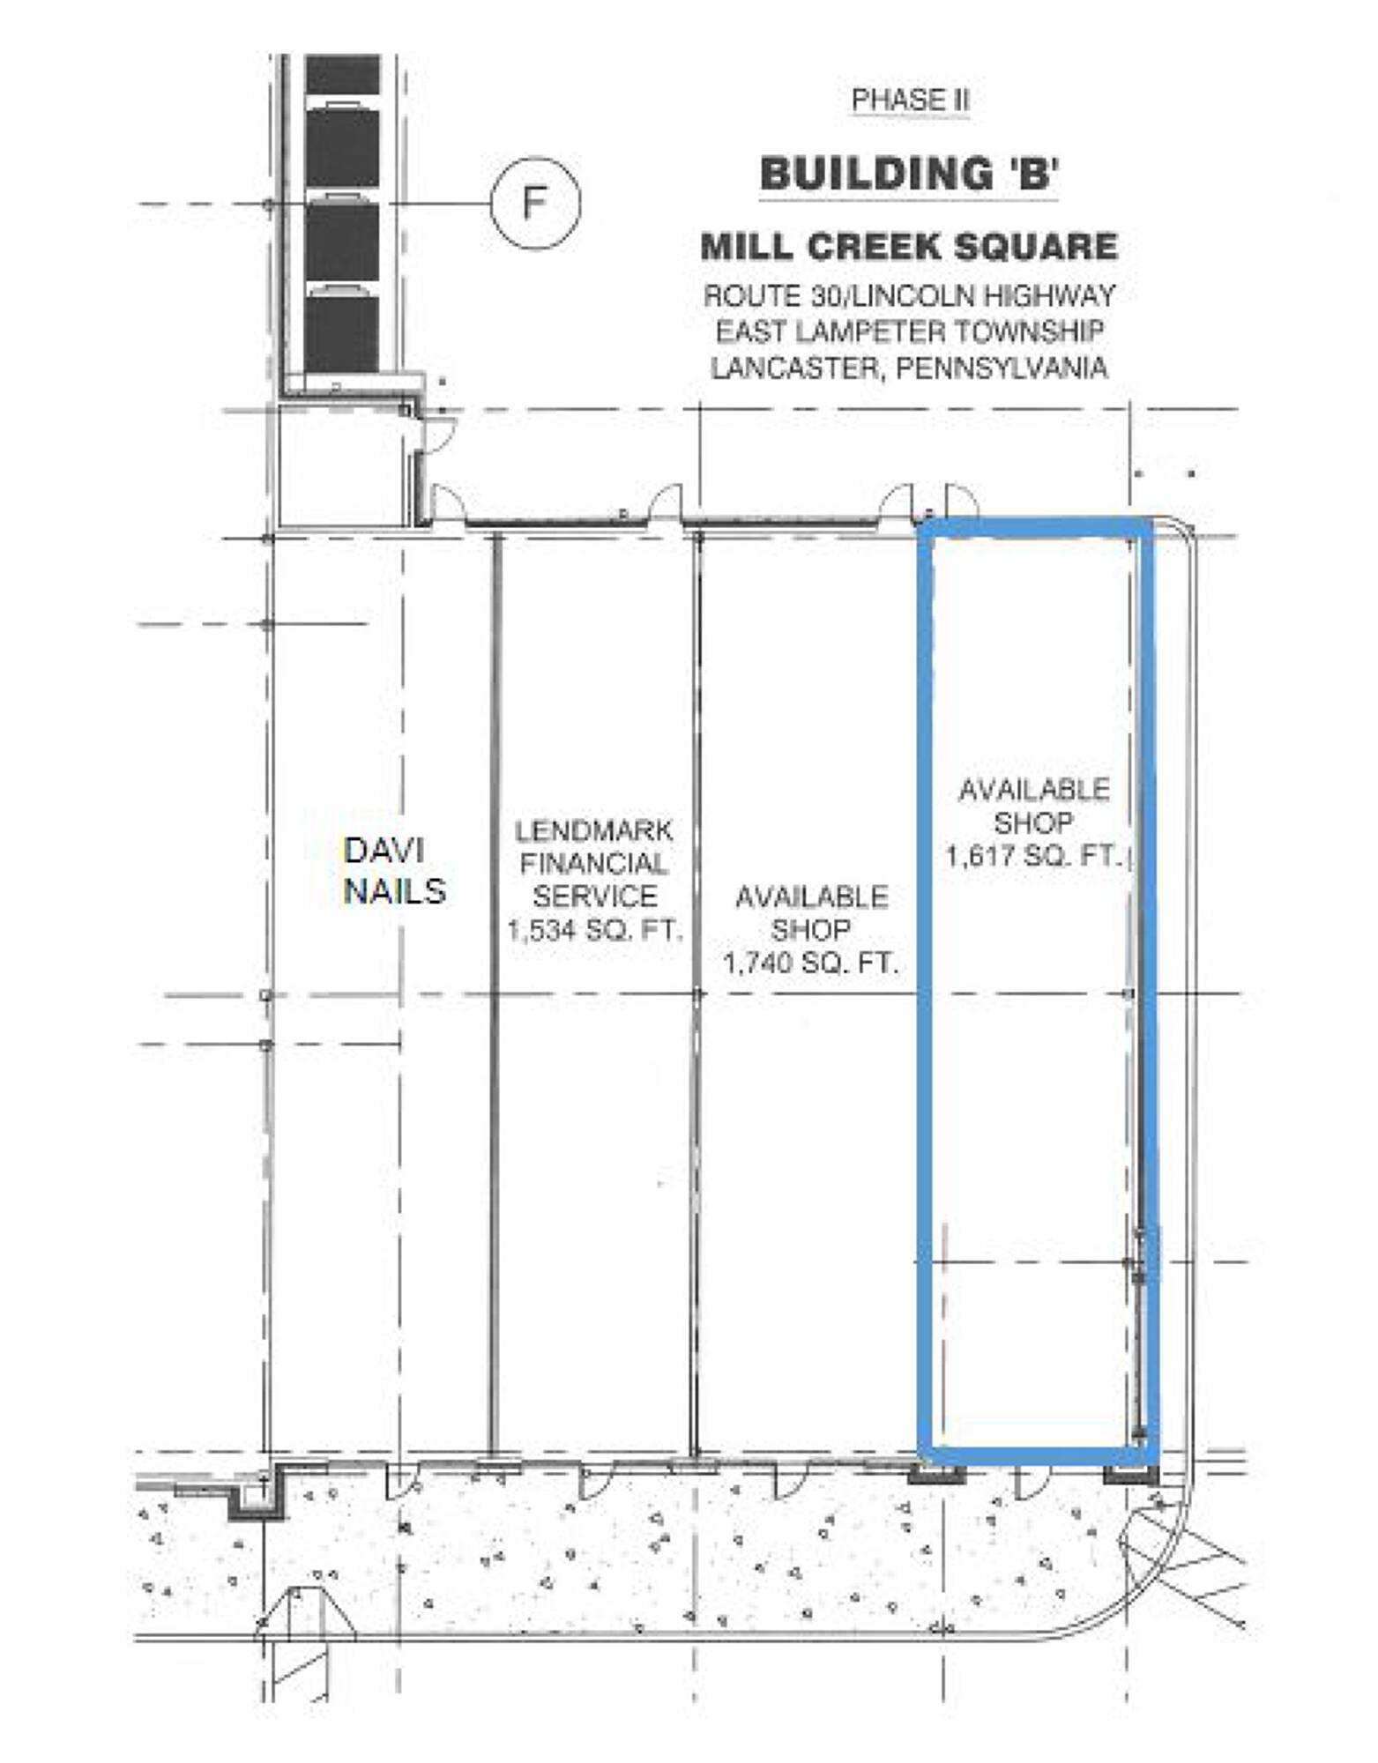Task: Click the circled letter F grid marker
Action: [535, 204]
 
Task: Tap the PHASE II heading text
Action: [910, 100]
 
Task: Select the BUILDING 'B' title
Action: [909, 173]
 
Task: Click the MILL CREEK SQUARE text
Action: [909, 246]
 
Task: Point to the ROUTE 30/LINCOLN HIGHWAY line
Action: [909, 295]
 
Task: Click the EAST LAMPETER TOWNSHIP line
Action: [909, 331]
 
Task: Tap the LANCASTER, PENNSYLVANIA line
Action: [909, 368]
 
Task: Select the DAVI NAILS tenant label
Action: [394, 871]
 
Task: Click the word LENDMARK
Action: [594, 830]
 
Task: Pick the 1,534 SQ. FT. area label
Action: [595, 931]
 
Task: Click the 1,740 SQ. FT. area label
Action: [810, 963]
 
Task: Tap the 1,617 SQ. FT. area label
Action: [1032, 855]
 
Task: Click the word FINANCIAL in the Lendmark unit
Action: [594, 864]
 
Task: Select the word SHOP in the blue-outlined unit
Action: [1033, 822]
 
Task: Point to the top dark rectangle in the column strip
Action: [343, 72]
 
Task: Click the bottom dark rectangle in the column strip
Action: [342, 333]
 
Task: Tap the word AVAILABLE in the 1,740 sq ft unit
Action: [811, 897]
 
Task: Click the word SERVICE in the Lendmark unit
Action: [595, 896]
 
